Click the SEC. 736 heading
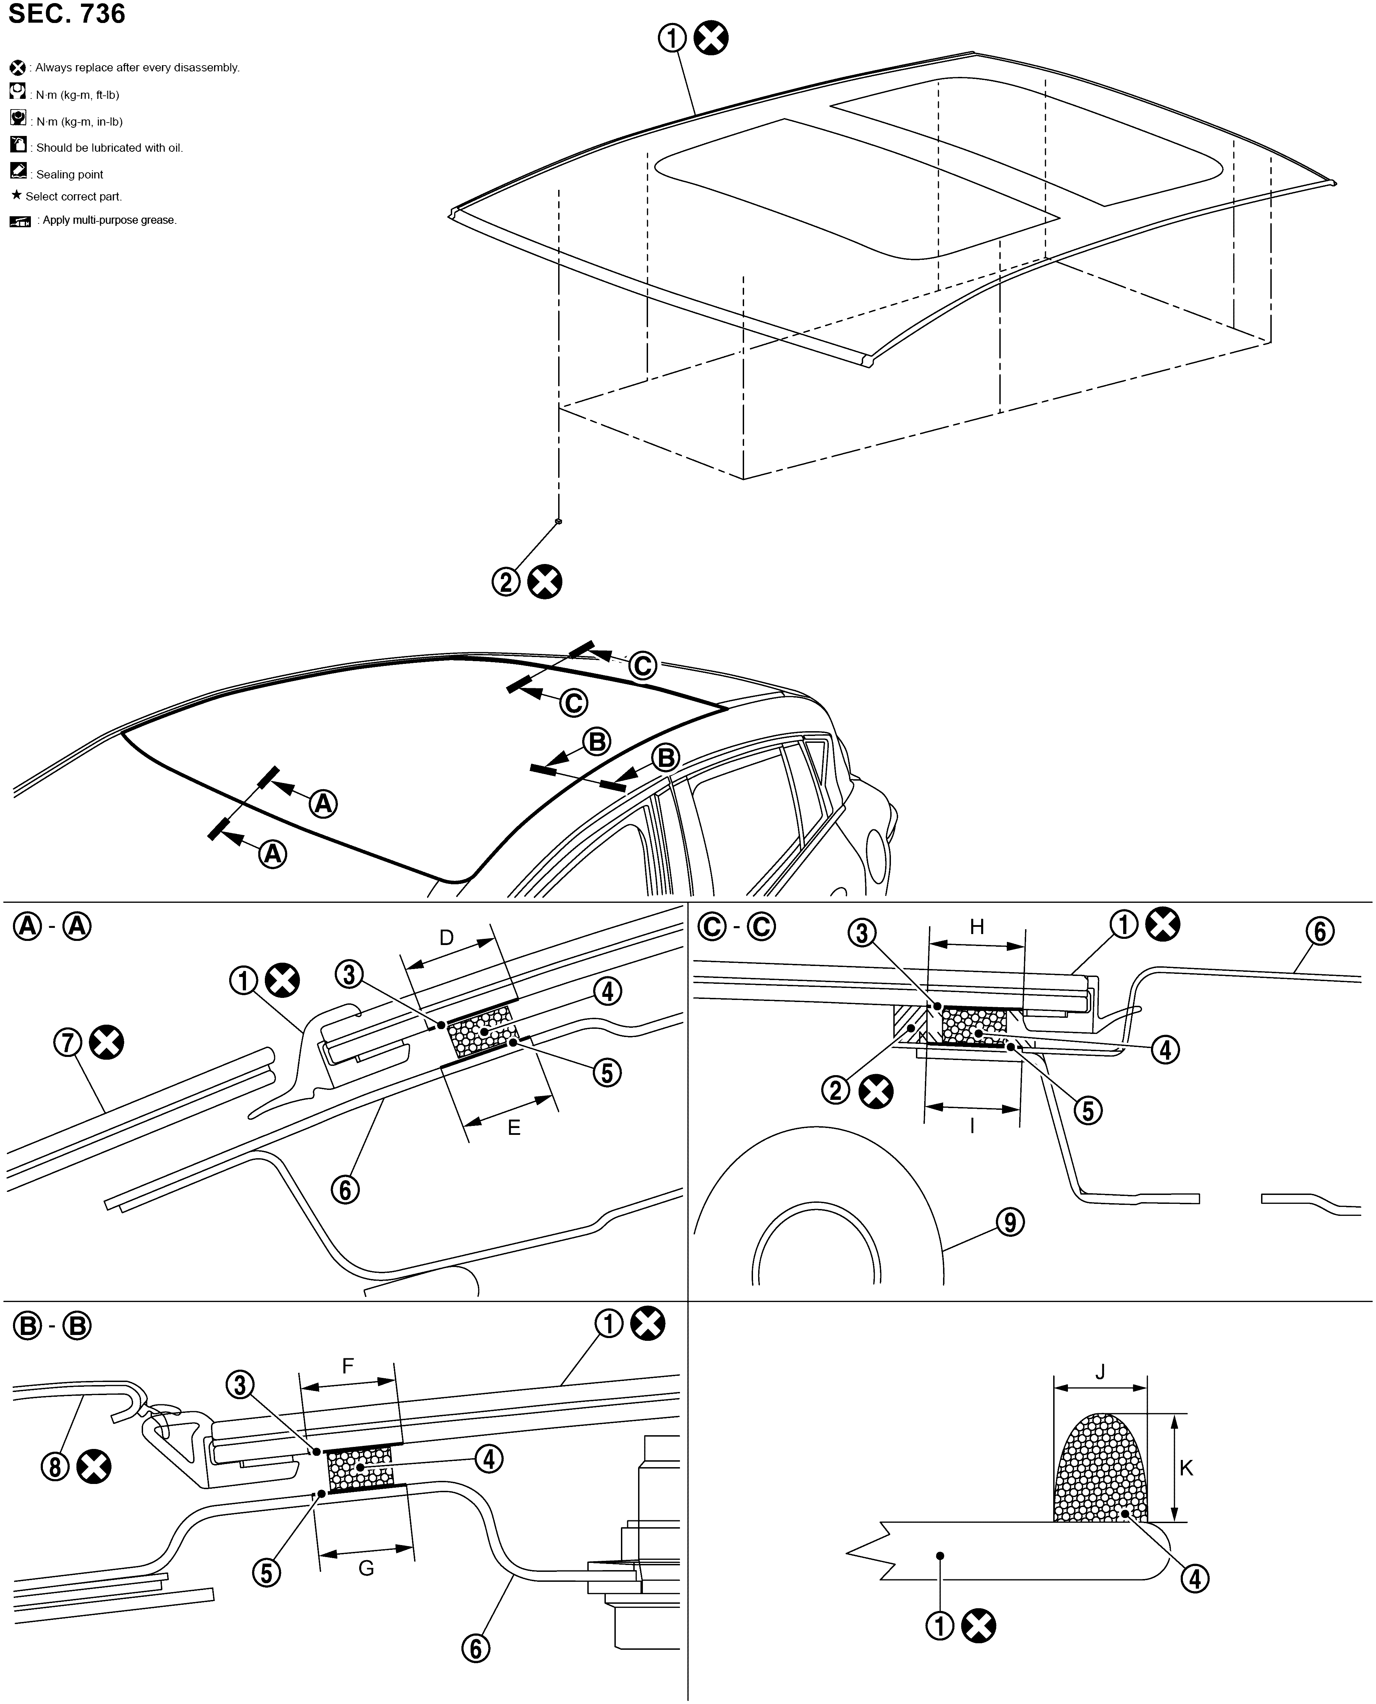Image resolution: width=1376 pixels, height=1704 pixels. click(x=67, y=14)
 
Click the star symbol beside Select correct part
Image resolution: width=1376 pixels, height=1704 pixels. click(x=16, y=195)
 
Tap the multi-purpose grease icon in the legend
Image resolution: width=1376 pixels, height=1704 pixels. click(x=20, y=221)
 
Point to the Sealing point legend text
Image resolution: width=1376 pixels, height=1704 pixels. click(x=70, y=174)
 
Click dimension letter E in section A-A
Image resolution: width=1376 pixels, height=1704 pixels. click(x=514, y=1128)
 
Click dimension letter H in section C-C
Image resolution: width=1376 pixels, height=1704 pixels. click(x=977, y=926)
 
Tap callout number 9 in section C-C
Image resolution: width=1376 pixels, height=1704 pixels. click(x=1010, y=1222)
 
